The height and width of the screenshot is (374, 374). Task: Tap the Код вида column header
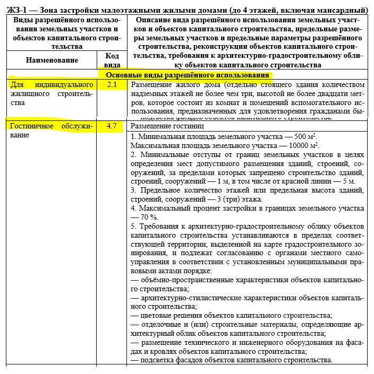(112, 60)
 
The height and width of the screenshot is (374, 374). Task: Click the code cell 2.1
(112, 85)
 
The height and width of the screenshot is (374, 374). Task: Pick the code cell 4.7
(112, 127)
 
